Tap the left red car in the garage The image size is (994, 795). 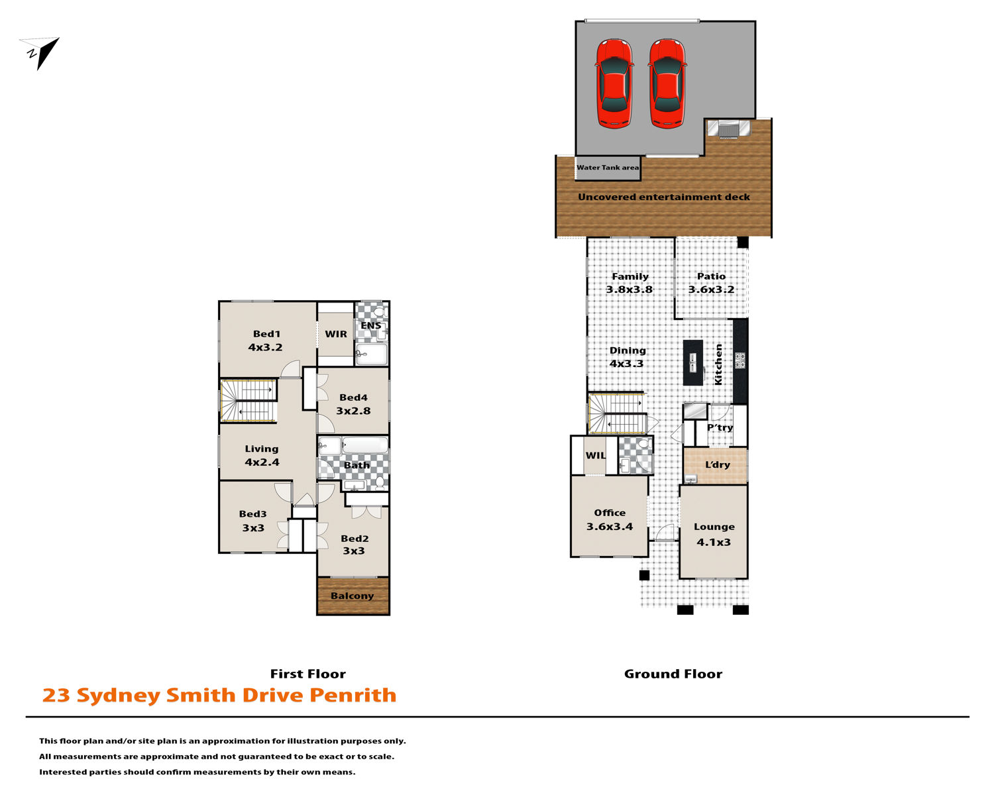click(x=614, y=83)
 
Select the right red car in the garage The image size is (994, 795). click(x=667, y=83)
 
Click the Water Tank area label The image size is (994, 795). click(x=608, y=168)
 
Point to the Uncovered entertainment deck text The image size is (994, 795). click(x=664, y=197)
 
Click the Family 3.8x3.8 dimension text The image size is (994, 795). click(x=629, y=290)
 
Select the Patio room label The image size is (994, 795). click(x=711, y=276)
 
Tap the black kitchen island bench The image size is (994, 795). click(x=693, y=362)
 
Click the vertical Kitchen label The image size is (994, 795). click(x=718, y=364)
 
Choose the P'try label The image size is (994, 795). click(x=720, y=428)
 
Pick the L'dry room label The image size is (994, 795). click(x=717, y=464)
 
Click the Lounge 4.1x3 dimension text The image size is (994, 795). click(x=714, y=542)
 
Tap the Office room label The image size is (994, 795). click(x=610, y=513)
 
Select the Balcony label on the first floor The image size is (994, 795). click(x=352, y=596)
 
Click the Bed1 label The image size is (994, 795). click(x=266, y=334)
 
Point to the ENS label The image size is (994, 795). click(x=371, y=326)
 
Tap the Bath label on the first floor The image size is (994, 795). click(x=357, y=465)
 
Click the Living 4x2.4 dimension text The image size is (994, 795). click(x=262, y=462)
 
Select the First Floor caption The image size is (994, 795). click(x=308, y=674)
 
